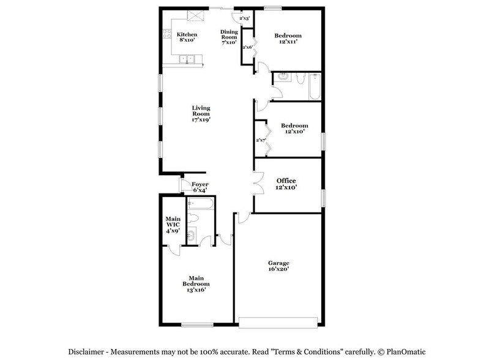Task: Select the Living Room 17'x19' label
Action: click(201, 113)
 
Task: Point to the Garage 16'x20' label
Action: click(278, 266)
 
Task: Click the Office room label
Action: click(286, 184)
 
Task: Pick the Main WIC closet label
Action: click(172, 225)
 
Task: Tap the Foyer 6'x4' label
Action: click(200, 187)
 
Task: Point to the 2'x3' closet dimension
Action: click(245, 18)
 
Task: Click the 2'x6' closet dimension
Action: click(247, 47)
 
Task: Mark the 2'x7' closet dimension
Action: click(261, 140)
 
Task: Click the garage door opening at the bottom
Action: click(278, 319)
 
